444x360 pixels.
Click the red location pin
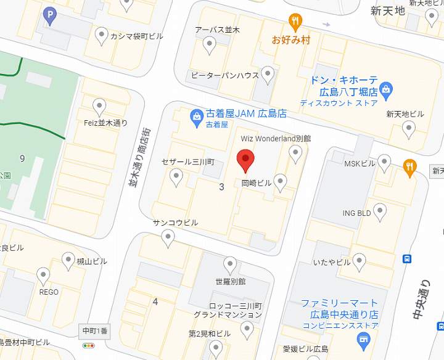pos(246,161)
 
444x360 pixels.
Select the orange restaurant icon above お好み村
pos(296,22)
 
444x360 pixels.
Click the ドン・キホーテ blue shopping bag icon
pos(387,90)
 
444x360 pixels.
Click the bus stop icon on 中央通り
pos(407,259)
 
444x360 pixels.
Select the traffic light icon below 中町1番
pos(90,346)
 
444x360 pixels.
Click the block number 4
pos(155,301)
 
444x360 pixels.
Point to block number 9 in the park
pos(22,158)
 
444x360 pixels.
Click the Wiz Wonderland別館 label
pos(275,139)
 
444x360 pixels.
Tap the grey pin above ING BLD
pos(380,211)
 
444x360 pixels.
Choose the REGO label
pos(49,292)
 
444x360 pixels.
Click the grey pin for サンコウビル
pos(168,238)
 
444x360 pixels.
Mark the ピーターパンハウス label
pos(224,75)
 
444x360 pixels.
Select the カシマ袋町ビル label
pos(136,36)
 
